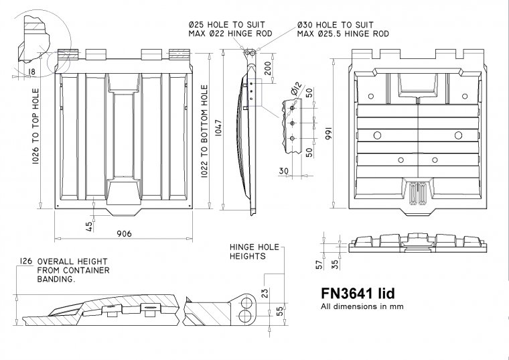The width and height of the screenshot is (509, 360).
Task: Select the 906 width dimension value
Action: coord(124,233)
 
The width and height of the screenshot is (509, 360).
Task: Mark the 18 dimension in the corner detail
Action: coord(31,71)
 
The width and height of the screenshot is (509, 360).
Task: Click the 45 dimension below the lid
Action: coord(89,226)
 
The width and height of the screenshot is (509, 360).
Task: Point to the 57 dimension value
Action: coord(319,263)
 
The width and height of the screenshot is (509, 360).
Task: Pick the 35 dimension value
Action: coord(335,263)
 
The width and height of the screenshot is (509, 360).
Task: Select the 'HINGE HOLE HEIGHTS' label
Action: coord(249,251)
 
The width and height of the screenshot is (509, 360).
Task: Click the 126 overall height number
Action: coord(26,261)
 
